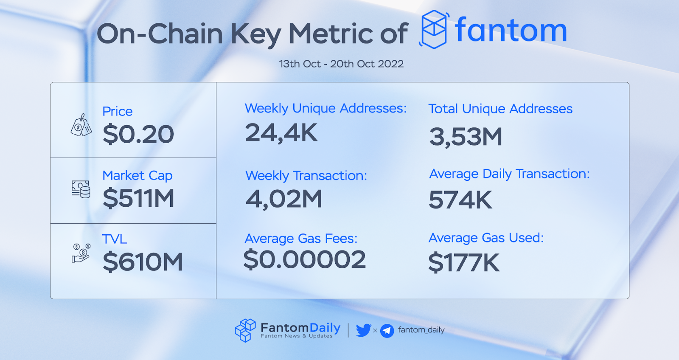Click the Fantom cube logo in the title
pos(434,29)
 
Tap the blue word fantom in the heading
pos(511,31)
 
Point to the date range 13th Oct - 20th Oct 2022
pos(341,64)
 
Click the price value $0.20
pos(138,134)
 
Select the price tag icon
pos(81,125)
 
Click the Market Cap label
pos(137,175)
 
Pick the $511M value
pos(138,198)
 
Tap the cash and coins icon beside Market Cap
pos(81,189)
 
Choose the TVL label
pos(115,239)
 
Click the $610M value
pos(143,262)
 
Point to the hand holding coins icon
pos(81,253)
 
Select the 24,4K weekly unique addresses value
pos(281,133)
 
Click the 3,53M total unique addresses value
pos(466,137)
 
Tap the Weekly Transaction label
pos(306,175)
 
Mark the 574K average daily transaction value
pos(460,200)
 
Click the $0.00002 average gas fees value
pos(304,260)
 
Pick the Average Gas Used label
pos(486,238)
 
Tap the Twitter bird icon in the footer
pos(363,330)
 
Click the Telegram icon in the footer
pos(387,330)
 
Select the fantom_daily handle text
pos(421,330)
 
